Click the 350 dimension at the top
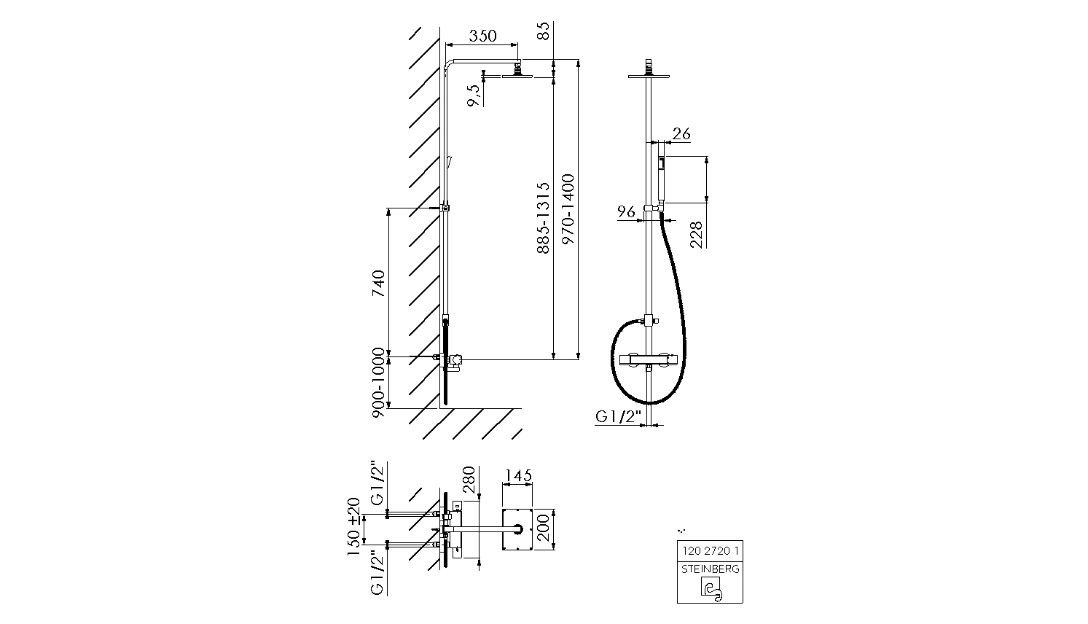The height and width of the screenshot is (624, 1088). tap(482, 36)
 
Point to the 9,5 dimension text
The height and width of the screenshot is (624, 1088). tap(474, 95)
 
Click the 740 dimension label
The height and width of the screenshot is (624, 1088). tap(377, 283)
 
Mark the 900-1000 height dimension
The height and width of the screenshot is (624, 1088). tap(377, 382)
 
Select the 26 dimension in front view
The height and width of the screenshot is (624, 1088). tap(681, 133)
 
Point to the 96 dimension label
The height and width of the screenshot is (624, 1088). tap(627, 211)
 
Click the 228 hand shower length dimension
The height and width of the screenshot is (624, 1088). tap(696, 235)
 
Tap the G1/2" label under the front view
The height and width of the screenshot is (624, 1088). tap(617, 416)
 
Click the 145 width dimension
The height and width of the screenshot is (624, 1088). tap(517, 475)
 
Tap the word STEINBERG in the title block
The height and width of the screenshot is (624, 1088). tap(710, 569)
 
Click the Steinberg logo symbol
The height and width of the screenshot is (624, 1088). tap(710, 589)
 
